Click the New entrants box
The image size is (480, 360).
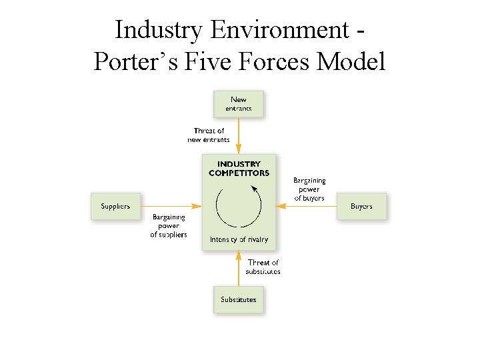pyautogui.click(x=238, y=103)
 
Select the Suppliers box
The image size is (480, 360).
pyautogui.click(x=115, y=206)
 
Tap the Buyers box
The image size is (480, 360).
pyautogui.click(x=361, y=206)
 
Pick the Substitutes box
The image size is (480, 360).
pyautogui.click(x=238, y=299)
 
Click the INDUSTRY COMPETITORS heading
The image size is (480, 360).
pyautogui.click(x=239, y=168)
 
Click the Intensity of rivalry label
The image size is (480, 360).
pyautogui.click(x=239, y=239)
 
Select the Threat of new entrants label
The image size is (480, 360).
pyautogui.click(x=209, y=135)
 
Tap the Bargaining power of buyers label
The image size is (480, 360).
pyautogui.click(x=309, y=189)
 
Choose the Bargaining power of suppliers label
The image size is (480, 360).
pyautogui.click(x=169, y=226)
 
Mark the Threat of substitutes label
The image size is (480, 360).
pyautogui.click(x=263, y=267)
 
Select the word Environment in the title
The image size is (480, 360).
pyautogui.click(x=278, y=30)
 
